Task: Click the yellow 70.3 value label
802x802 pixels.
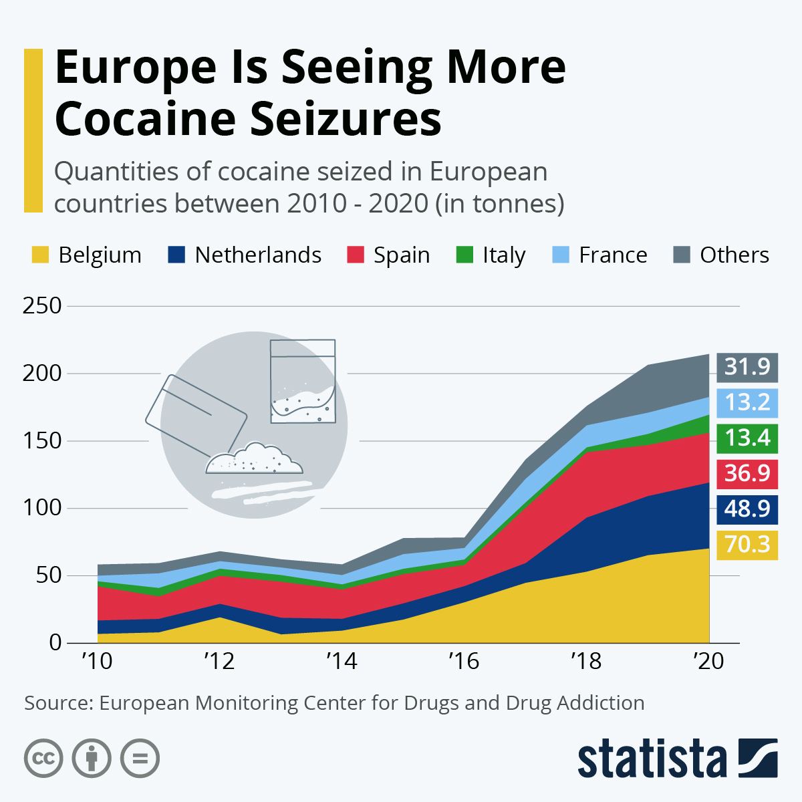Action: click(747, 545)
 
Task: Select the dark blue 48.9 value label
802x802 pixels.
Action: click(747, 509)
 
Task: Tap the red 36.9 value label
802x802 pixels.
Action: click(747, 474)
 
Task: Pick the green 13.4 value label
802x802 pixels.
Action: click(747, 438)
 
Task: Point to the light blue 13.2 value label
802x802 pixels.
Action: click(747, 403)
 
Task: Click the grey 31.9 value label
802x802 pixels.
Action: click(747, 368)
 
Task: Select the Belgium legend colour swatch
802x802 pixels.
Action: click(41, 255)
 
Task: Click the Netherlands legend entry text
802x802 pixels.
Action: click(258, 255)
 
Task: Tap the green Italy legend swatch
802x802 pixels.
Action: click(464, 255)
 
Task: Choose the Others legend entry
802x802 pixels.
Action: click(734, 255)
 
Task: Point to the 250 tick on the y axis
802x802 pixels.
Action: click(42, 306)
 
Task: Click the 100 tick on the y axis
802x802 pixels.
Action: click(42, 508)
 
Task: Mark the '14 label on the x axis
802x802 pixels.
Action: click(342, 662)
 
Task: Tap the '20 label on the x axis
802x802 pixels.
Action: click(708, 662)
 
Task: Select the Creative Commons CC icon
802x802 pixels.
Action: click(43, 759)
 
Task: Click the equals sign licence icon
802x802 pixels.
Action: click(140, 759)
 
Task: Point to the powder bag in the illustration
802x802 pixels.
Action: click(302, 382)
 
